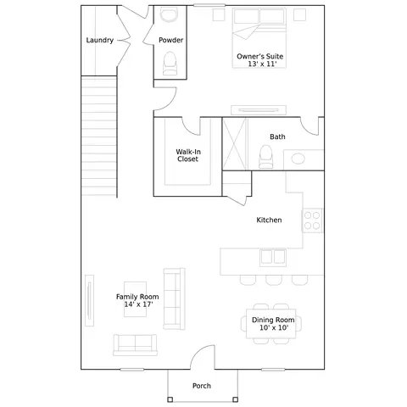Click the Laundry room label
(x=100, y=41)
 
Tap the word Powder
(x=170, y=40)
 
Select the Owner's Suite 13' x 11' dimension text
(x=262, y=64)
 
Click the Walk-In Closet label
(x=188, y=155)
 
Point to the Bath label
(x=277, y=137)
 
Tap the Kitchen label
(x=269, y=220)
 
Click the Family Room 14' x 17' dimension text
(x=138, y=304)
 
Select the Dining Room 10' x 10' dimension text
(x=274, y=327)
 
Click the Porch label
(x=202, y=386)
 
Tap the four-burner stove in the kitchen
(x=312, y=220)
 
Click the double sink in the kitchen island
(x=273, y=257)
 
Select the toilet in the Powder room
(x=170, y=64)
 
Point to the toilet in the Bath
(x=266, y=157)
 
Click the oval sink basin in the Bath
(x=298, y=159)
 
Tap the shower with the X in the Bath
(x=235, y=144)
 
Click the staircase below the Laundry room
(x=99, y=136)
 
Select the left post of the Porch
(x=170, y=399)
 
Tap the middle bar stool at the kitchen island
(x=274, y=280)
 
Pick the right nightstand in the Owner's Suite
(x=299, y=14)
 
